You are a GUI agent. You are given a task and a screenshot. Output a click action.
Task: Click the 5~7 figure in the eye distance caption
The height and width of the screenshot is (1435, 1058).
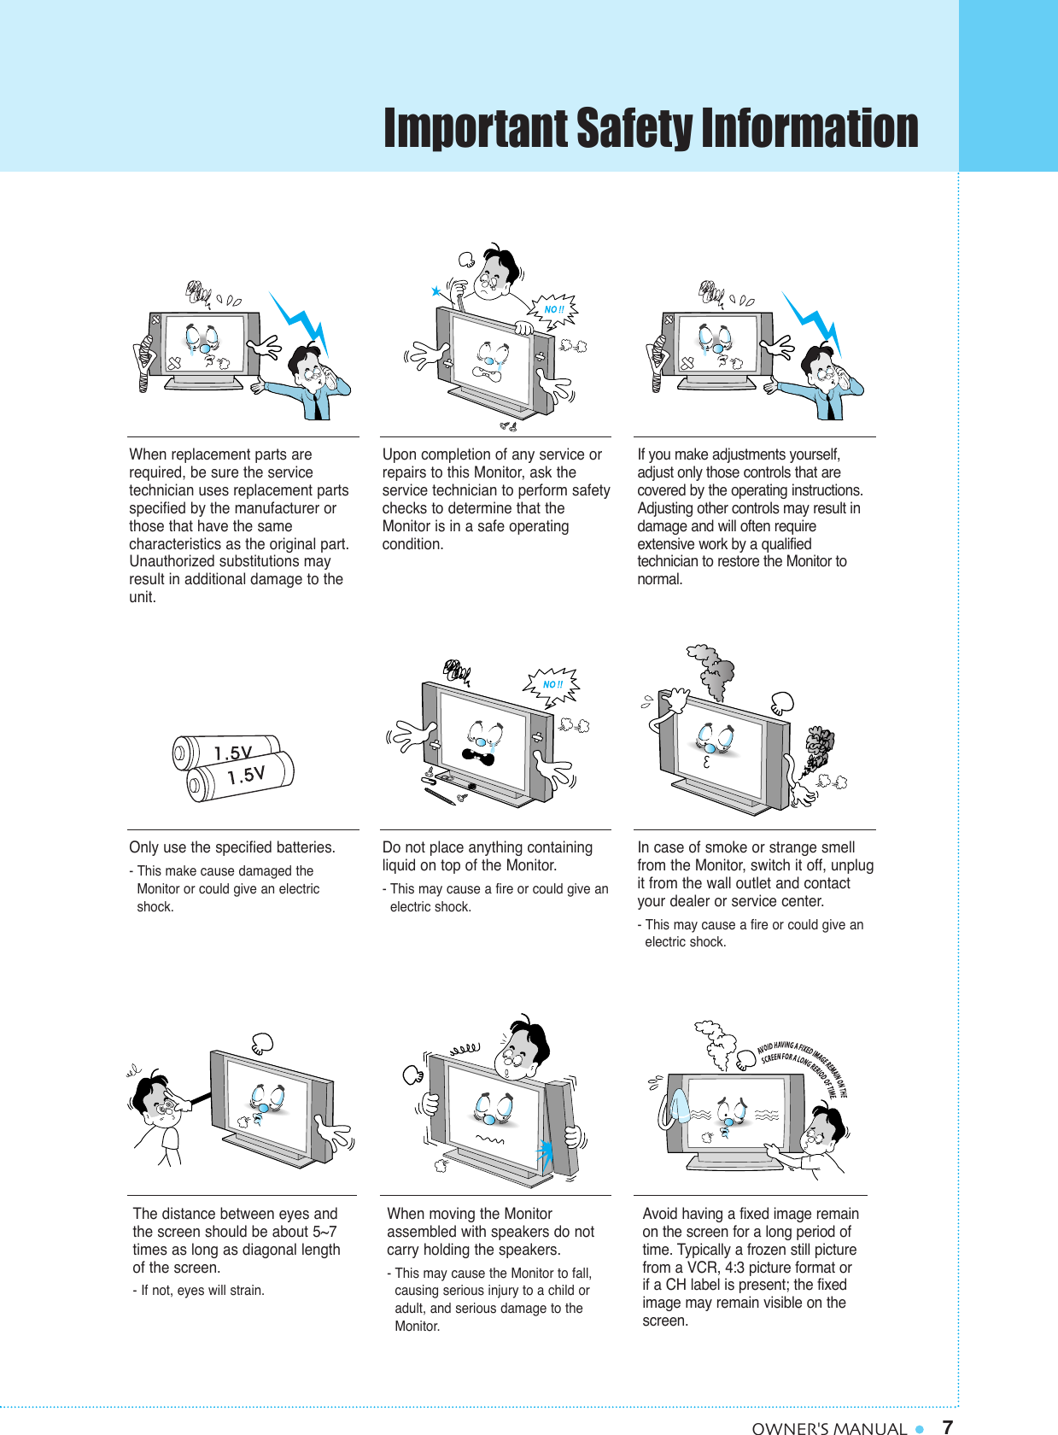tap(324, 1232)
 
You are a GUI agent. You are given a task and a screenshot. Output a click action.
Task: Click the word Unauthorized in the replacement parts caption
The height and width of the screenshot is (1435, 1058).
tap(172, 561)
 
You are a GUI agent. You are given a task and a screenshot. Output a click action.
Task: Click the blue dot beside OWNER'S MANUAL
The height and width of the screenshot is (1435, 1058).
tap(920, 1428)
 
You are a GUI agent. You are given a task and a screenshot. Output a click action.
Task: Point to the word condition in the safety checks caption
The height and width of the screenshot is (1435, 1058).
tap(412, 544)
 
